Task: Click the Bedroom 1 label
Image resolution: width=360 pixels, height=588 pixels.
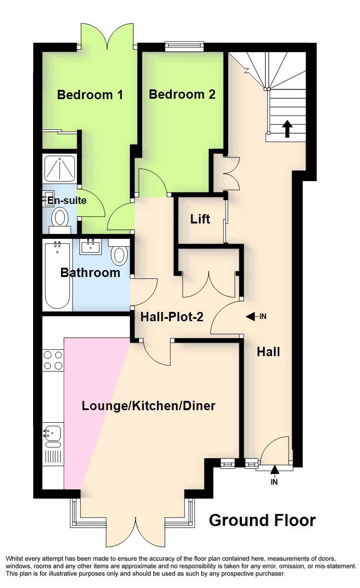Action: click(90, 95)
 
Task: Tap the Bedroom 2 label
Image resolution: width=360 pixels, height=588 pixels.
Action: click(182, 94)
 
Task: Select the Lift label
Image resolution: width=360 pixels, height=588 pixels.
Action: click(200, 219)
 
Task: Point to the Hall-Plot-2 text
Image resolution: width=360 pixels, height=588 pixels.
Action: click(172, 317)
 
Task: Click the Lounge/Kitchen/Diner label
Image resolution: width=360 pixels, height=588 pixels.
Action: click(149, 406)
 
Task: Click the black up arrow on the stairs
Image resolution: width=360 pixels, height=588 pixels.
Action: click(287, 128)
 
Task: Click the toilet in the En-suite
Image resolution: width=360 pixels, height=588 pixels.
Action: click(60, 220)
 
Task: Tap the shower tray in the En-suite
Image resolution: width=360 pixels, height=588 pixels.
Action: click(60, 168)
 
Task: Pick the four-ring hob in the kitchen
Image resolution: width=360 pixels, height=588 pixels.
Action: click(53, 360)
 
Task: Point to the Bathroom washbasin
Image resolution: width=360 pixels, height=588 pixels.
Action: click(91, 246)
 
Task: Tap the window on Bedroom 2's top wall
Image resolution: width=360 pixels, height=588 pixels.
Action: click(184, 46)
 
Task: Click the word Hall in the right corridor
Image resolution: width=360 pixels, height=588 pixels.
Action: click(268, 352)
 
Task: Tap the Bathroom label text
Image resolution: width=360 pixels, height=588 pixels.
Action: click(90, 273)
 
